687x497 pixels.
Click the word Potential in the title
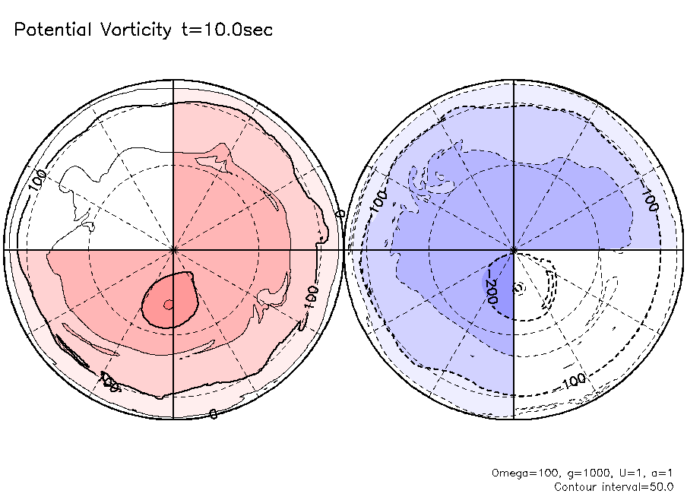52,30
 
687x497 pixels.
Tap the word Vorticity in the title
135,30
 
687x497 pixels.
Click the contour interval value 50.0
662,486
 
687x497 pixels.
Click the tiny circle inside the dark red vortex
169,305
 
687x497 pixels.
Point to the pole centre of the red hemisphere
173,248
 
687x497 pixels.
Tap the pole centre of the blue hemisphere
514,248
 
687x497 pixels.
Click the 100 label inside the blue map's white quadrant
575,380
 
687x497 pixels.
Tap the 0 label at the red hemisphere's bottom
213,413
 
